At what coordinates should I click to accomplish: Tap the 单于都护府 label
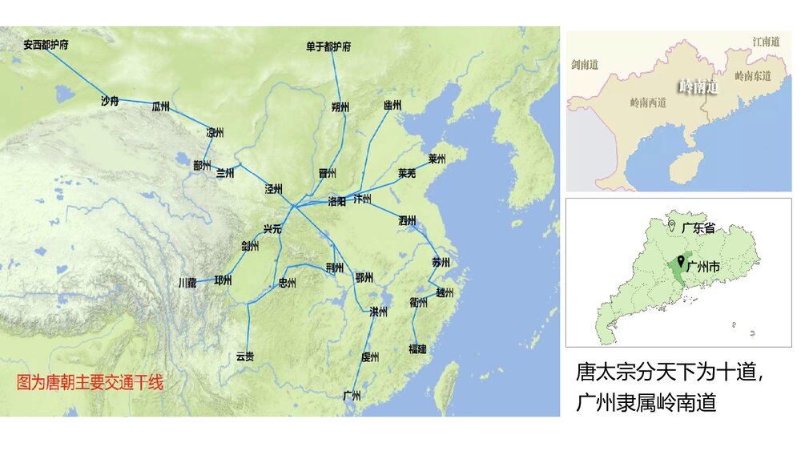point(328,46)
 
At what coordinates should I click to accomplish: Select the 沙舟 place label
point(110,101)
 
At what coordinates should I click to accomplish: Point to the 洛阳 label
point(337,201)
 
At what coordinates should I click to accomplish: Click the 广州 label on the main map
point(352,395)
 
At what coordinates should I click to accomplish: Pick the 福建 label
point(417,348)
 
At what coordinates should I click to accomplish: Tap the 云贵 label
point(245,356)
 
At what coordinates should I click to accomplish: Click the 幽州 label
point(392,105)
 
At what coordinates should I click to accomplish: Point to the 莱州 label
point(437,159)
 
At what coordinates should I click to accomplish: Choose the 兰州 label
point(225,172)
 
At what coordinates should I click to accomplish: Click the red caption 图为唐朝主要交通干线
point(90,382)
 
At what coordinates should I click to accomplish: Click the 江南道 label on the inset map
point(766,41)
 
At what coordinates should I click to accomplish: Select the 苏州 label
point(441,262)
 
